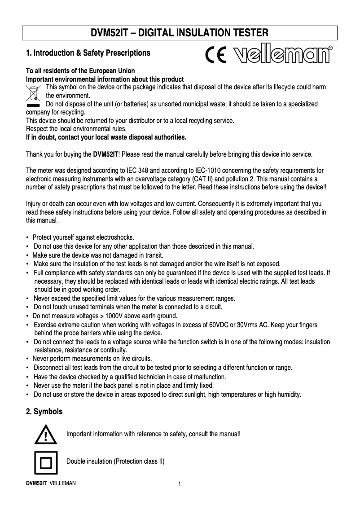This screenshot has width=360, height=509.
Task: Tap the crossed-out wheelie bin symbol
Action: click(34, 93)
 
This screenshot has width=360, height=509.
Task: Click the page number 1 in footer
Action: click(180, 484)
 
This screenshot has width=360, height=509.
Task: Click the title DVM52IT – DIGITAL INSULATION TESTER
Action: click(180, 33)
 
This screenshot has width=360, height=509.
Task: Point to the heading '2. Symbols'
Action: click(44, 411)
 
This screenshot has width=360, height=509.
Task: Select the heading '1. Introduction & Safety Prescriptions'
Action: click(88, 53)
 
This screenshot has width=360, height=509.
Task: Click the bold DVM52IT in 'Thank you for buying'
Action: click(105, 155)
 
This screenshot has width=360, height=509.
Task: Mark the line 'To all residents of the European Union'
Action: click(80, 71)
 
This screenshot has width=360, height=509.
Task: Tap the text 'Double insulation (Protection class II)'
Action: click(115, 461)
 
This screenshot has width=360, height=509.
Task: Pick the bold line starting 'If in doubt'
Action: click(106, 136)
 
